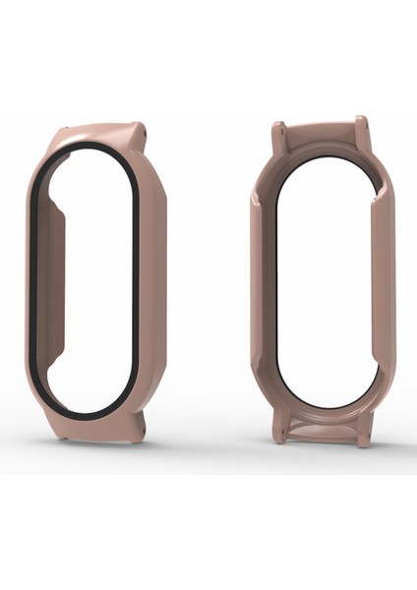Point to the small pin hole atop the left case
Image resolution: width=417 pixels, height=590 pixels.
(x=144, y=127)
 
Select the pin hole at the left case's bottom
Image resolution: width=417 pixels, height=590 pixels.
(x=143, y=424)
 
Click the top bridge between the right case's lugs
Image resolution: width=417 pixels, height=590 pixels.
(x=321, y=138)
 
